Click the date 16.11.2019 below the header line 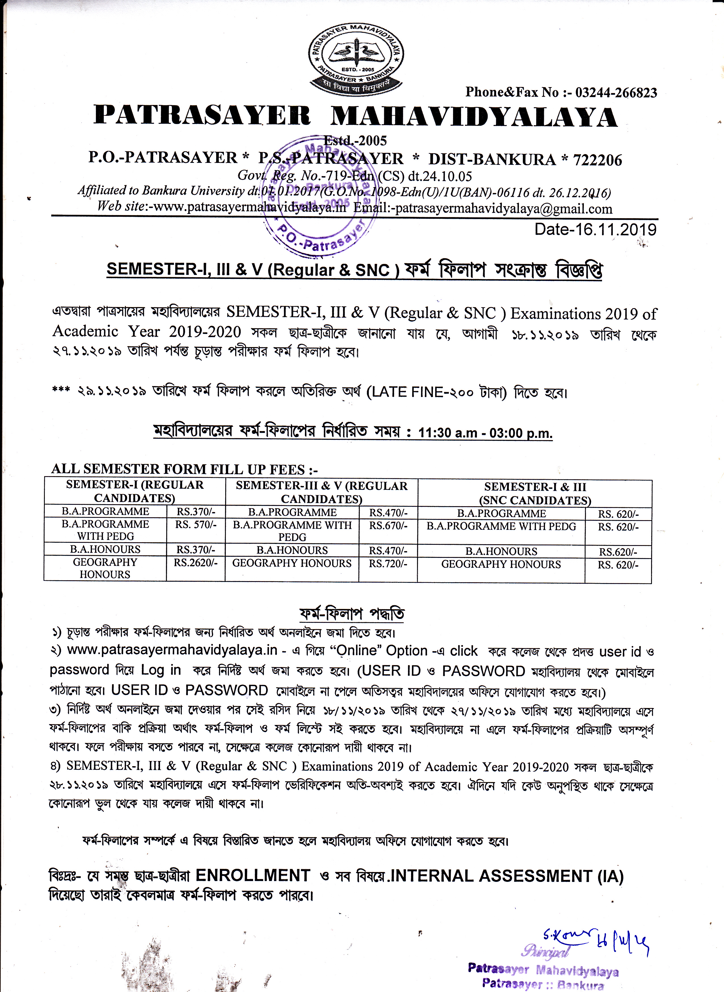tap(595, 229)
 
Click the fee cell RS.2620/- tap(195, 562)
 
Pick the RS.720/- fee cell tap(388, 563)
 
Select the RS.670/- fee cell tap(388, 525)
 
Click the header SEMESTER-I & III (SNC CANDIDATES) tap(535, 494)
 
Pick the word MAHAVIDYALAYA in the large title tap(474, 117)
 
